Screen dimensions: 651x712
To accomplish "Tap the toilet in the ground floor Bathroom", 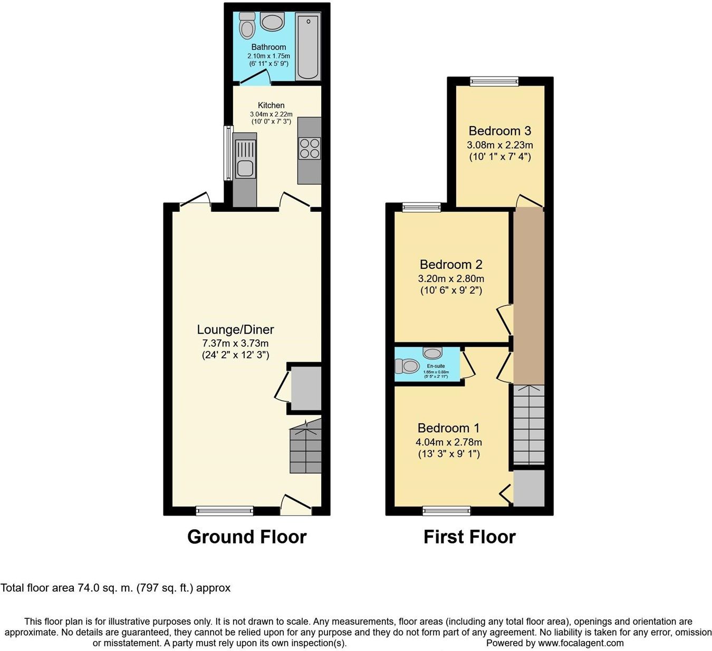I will pyautogui.click(x=246, y=25).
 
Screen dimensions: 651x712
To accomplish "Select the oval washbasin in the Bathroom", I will pyautogui.click(x=273, y=23).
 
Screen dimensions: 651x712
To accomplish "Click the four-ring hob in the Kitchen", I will pyautogui.click(x=310, y=148).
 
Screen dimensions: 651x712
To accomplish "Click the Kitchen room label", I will pyautogui.click(x=271, y=105).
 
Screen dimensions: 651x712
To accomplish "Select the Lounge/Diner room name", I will pyautogui.click(x=235, y=329).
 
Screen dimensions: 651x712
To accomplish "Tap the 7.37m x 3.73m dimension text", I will pyautogui.click(x=235, y=343).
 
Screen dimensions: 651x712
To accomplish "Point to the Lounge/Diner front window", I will pyautogui.click(x=225, y=510).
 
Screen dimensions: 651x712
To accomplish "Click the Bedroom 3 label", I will pyautogui.click(x=499, y=131).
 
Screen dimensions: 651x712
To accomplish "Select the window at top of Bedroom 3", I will pyautogui.click(x=494, y=81).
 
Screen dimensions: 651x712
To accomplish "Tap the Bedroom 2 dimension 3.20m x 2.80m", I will pyautogui.click(x=451, y=278).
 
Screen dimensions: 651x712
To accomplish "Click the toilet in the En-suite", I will pyautogui.click(x=407, y=365).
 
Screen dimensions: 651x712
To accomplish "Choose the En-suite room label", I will pyautogui.click(x=436, y=366).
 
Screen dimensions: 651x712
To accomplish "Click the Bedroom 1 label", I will pyautogui.click(x=448, y=428).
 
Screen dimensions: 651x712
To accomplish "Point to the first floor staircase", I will pyautogui.click(x=528, y=424).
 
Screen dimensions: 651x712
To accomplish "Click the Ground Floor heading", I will pyautogui.click(x=247, y=537).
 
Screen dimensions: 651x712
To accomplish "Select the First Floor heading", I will pyautogui.click(x=469, y=537).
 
